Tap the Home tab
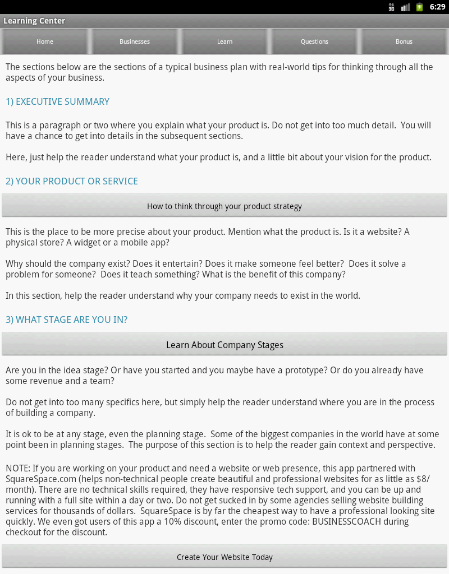pyautogui.click(x=45, y=41)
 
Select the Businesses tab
pyautogui.click(x=135, y=41)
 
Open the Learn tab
pyautogui.click(x=224, y=41)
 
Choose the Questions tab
pyautogui.click(x=314, y=41)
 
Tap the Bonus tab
pyautogui.click(x=404, y=41)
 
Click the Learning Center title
pyautogui.click(x=34, y=21)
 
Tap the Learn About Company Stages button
pyautogui.click(x=224, y=345)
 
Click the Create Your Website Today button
pyautogui.click(x=224, y=557)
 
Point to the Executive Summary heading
pyautogui.click(x=57, y=101)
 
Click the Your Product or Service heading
pyautogui.click(x=71, y=181)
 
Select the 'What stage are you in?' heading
pyautogui.click(x=66, y=320)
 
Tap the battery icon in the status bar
pyautogui.click(x=419, y=7)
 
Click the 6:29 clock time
pyautogui.click(x=437, y=7)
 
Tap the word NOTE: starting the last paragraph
pyautogui.click(x=18, y=468)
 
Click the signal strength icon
pyautogui.click(x=405, y=7)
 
